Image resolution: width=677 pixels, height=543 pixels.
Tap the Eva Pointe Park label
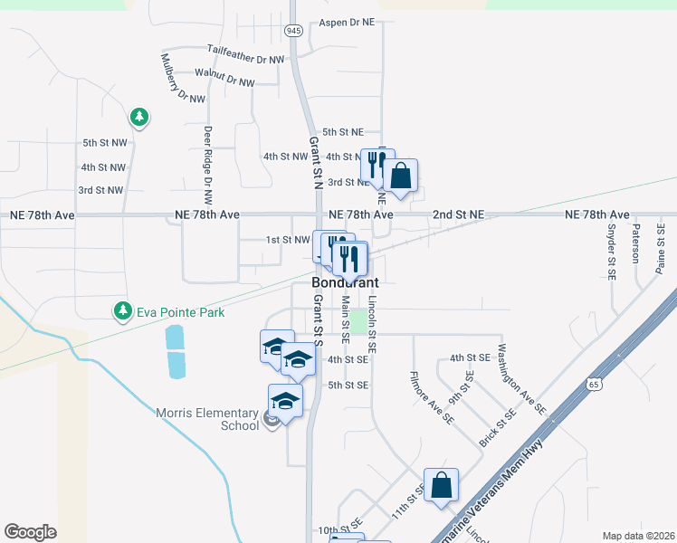click(x=180, y=312)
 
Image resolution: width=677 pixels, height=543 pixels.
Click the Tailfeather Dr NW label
click(x=245, y=53)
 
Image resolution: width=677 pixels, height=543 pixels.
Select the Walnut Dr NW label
click(x=224, y=81)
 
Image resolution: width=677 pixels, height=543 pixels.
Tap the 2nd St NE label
click(x=458, y=214)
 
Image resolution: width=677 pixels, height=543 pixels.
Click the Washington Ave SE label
click(x=521, y=377)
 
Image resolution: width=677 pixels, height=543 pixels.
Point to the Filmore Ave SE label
click(x=432, y=397)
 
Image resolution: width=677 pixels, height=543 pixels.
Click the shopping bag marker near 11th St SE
click(x=441, y=485)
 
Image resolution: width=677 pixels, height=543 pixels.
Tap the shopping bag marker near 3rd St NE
click(x=401, y=176)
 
